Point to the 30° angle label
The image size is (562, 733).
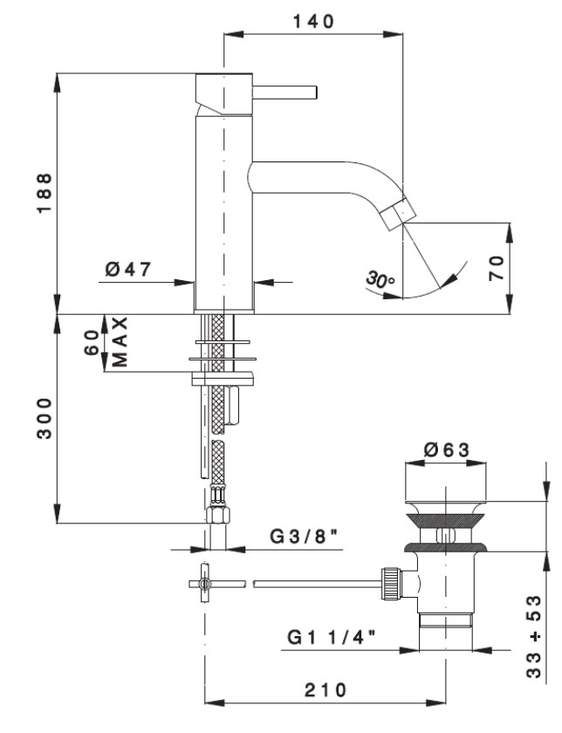pyautogui.click(x=381, y=281)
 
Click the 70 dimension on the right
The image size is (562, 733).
pyautogui.click(x=497, y=268)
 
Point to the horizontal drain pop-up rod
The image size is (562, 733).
pyautogui.click(x=314, y=581)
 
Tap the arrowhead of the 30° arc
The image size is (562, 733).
pyautogui.click(x=451, y=278)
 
